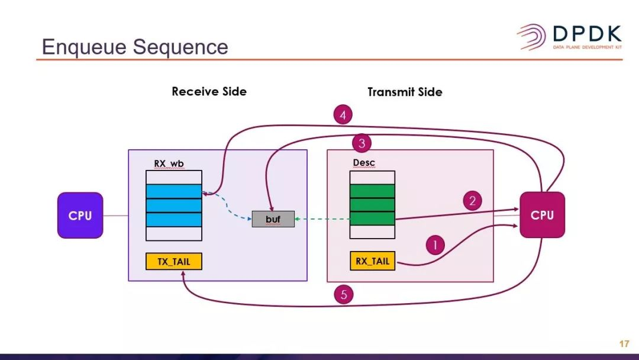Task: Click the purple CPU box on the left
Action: coord(80,216)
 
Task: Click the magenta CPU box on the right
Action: coord(542,215)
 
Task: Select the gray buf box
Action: coord(273,219)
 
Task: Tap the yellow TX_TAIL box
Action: coord(174,261)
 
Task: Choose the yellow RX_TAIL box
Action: coord(372,261)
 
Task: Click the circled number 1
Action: coord(435,244)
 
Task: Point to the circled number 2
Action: coord(472,201)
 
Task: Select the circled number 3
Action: coord(362,143)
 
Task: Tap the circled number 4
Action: coord(343,114)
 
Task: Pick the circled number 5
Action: coord(344,294)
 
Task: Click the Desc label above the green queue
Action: coord(364,163)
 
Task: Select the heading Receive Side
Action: coord(209,92)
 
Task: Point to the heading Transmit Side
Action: coord(405,92)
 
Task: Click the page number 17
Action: coord(624,344)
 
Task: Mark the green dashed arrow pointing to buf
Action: coord(322,219)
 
